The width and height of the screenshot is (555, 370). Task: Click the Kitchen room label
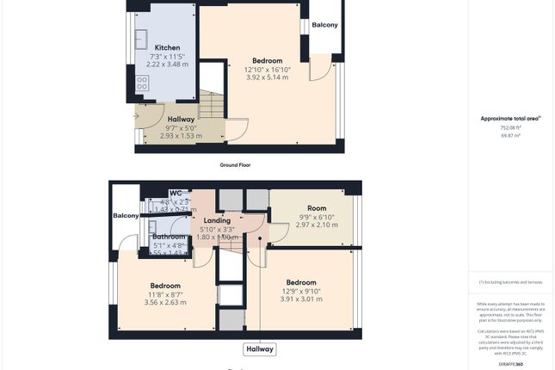pos(167,47)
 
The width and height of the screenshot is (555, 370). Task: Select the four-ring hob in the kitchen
pos(143,83)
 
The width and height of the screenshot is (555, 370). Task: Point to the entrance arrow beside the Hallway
pos(136,115)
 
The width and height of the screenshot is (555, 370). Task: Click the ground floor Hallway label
pos(181,120)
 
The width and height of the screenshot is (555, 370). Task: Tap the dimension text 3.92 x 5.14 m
pos(267,77)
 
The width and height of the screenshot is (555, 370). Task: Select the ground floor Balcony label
pos(324,25)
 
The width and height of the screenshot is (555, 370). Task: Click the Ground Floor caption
pos(235,164)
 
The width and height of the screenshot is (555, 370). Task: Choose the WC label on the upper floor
pos(176,194)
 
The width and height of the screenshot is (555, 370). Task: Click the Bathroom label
pos(169,237)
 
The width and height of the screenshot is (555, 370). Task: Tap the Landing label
pos(217,221)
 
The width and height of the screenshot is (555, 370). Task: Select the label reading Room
pos(317,208)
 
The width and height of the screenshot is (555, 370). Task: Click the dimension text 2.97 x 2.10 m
pos(317,225)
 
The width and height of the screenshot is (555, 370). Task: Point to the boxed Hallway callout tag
pos(260,349)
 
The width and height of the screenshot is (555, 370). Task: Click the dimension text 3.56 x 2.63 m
pos(165,302)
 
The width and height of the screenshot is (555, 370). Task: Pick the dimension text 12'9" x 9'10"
pos(301,291)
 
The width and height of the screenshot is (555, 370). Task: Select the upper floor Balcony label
pos(125,216)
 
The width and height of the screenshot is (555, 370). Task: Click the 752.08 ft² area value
pos(510,127)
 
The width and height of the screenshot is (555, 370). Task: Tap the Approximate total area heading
pos(510,118)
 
